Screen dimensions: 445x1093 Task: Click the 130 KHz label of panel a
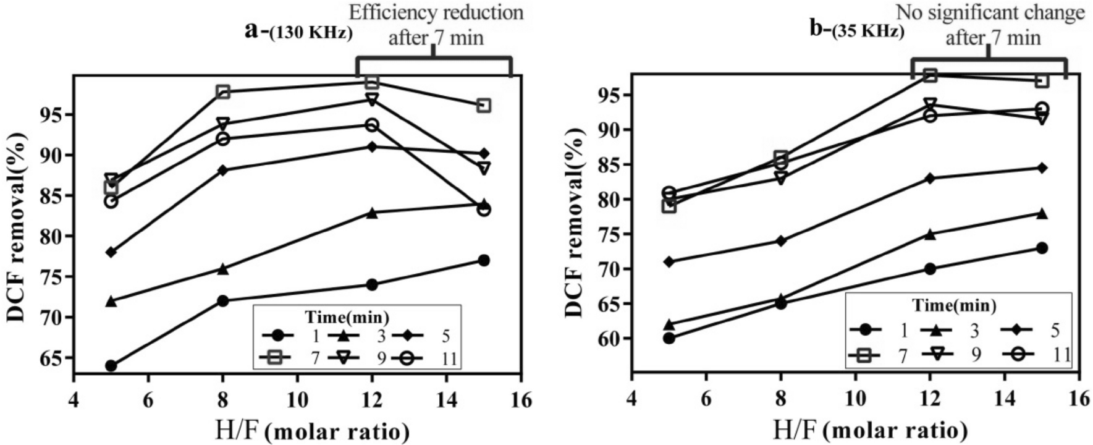311,33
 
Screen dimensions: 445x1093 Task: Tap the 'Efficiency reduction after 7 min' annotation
436,25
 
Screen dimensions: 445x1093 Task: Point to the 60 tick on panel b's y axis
614,339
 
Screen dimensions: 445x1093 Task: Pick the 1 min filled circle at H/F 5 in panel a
111,366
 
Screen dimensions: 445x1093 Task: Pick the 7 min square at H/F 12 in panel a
372,82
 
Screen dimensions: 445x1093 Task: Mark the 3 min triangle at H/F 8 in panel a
222,268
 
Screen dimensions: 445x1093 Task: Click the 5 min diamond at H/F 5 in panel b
669,261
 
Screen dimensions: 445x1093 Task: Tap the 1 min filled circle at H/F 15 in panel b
1042,248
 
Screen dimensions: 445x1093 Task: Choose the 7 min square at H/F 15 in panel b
1042,80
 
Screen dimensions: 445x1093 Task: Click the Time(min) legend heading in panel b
954,305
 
